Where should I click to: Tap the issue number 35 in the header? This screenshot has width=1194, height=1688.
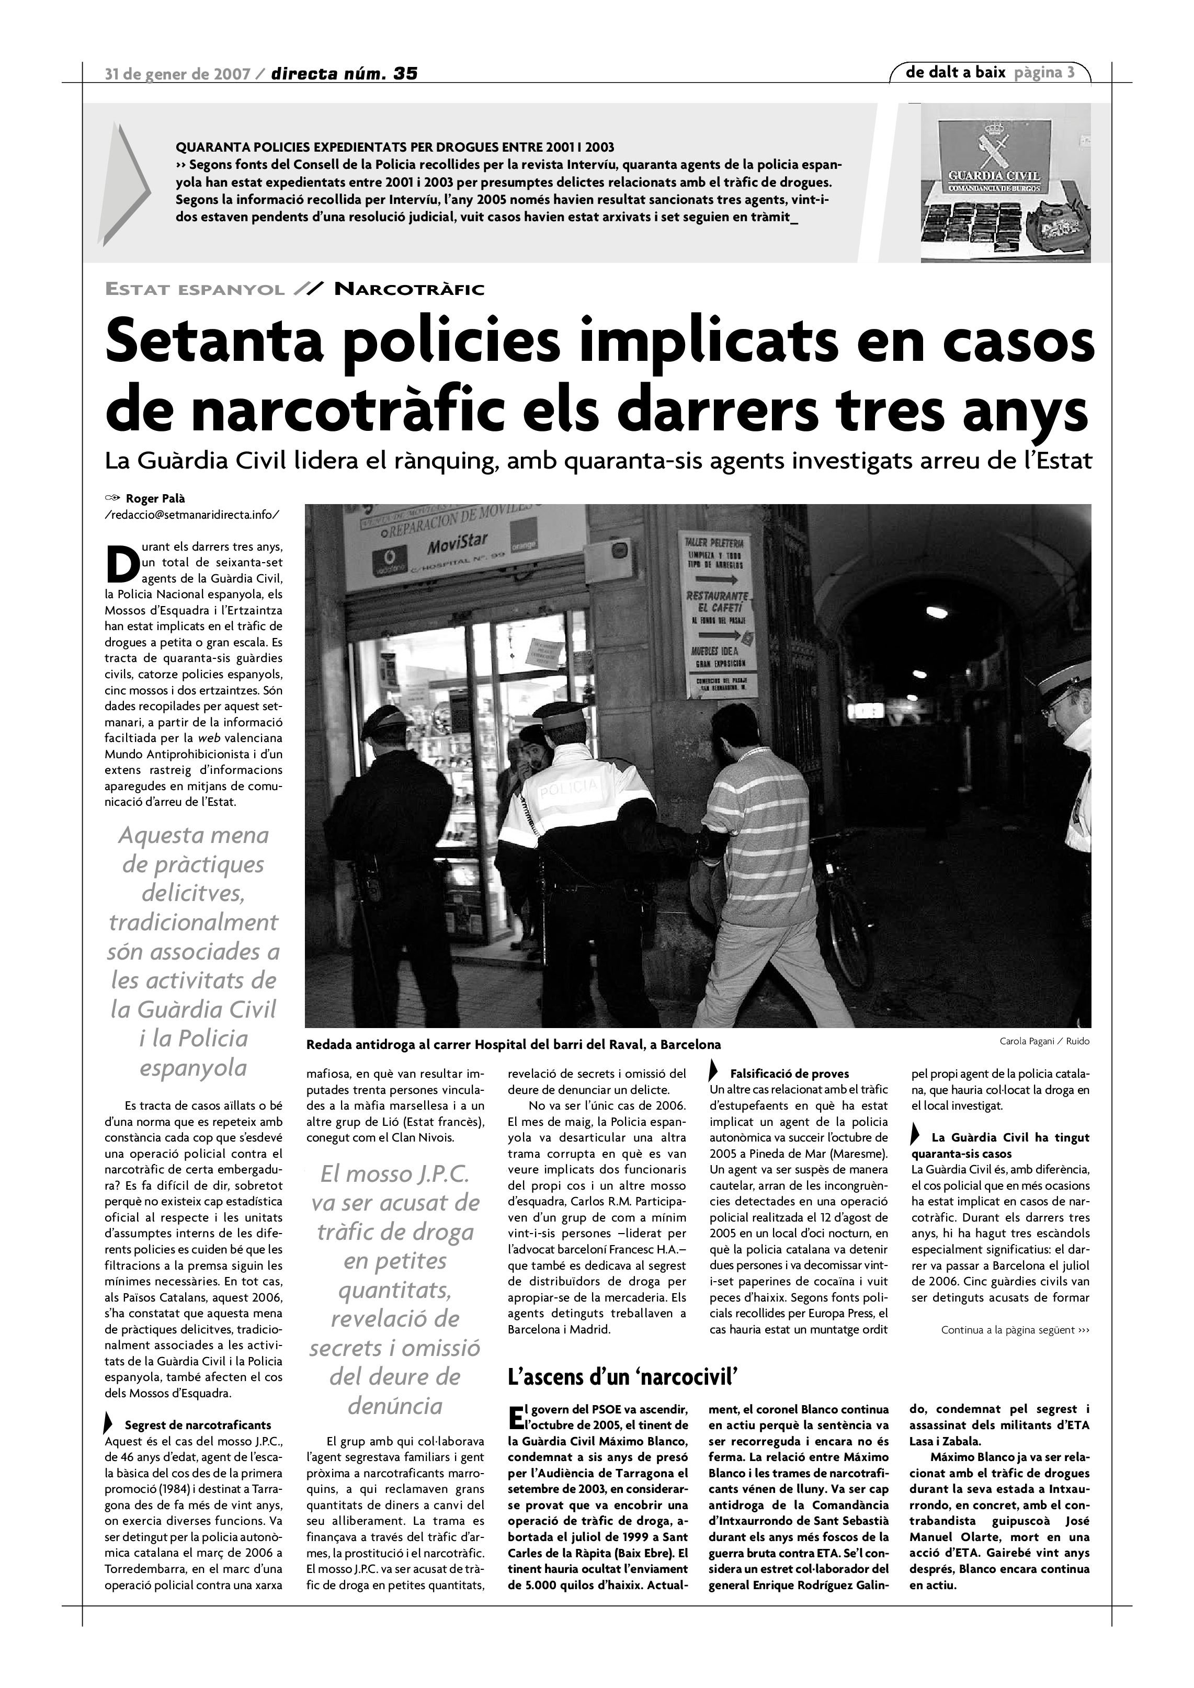tap(405, 74)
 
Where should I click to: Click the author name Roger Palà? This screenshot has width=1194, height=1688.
tap(155, 498)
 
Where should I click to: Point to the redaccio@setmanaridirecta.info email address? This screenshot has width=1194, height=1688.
tap(192, 515)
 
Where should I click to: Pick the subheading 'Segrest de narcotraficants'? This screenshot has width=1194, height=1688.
tap(198, 1425)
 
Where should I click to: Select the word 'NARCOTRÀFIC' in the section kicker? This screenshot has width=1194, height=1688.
tap(409, 290)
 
